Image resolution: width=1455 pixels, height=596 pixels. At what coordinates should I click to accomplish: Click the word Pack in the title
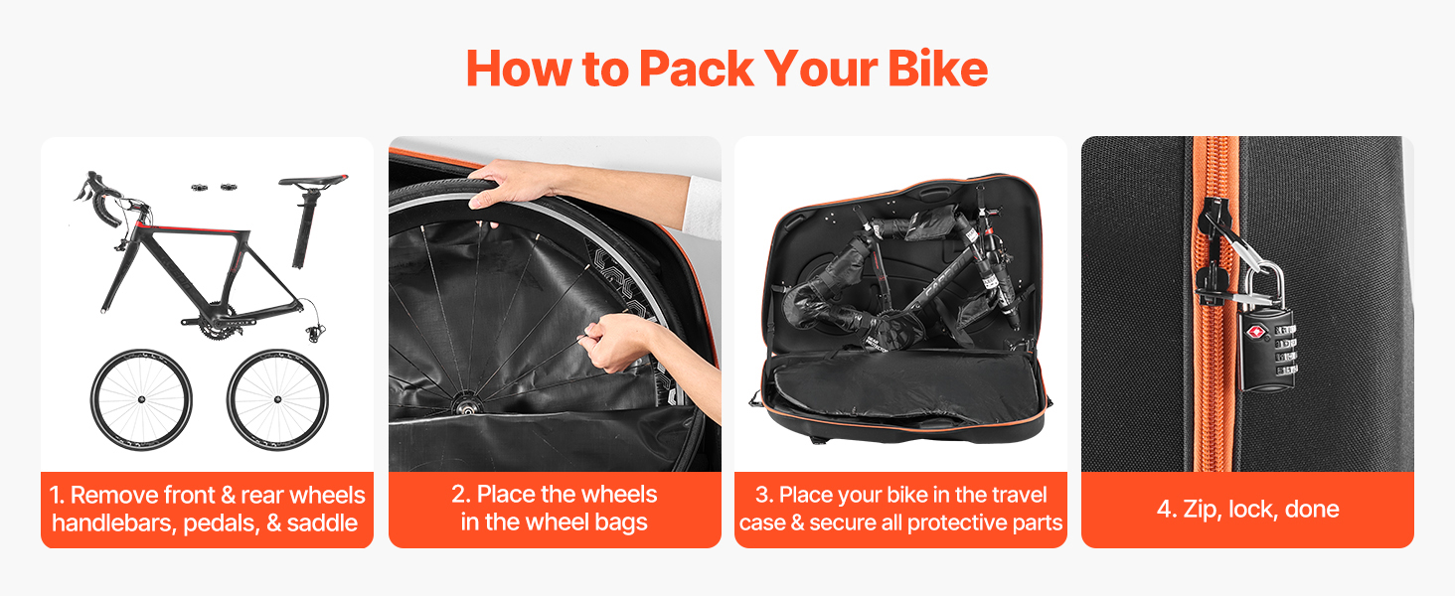(x=696, y=69)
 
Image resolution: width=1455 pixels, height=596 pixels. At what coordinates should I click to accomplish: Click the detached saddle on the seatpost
(x=314, y=180)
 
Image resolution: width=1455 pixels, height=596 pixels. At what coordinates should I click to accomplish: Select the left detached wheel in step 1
(x=141, y=400)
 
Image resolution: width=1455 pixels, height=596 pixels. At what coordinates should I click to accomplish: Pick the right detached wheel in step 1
(x=277, y=400)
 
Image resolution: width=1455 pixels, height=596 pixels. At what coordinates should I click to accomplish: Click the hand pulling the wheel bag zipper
(x=617, y=342)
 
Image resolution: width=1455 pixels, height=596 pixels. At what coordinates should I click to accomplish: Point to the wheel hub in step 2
(x=465, y=405)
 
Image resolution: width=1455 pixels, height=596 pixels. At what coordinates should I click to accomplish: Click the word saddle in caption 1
(x=322, y=522)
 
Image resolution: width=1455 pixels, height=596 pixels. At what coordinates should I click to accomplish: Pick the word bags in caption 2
(x=620, y=522)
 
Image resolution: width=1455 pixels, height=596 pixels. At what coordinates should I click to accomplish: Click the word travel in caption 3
(x=1017, y=495)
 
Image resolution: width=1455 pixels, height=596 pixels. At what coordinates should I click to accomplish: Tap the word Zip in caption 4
(x=1202, y=509)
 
